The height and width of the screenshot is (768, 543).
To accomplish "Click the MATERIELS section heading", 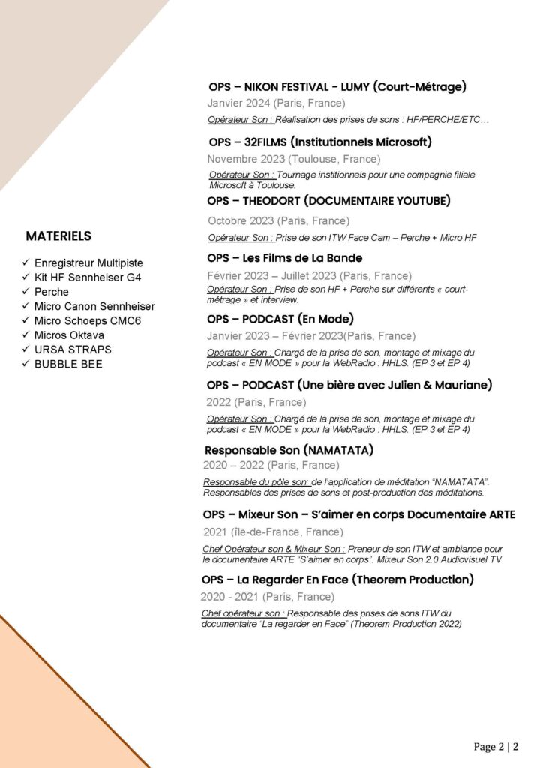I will pyautogui.click(x=58, y=236).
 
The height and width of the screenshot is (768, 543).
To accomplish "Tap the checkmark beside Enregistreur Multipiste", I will pyautogui.click(x=27, y=263).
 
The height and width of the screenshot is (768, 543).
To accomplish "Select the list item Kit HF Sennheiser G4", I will pyautogui.click(x=88, y=277).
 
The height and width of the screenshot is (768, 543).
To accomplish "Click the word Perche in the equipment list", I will pyautogui.click(x=51, y=292).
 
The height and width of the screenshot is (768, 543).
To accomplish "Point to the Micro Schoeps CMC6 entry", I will pyautogui.click(x=88, y=320).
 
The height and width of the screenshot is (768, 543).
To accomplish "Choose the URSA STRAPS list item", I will pyautogui.click(x=73, y=349).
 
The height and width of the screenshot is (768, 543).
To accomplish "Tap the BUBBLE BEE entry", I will pyautogui.click(x=68, y=364).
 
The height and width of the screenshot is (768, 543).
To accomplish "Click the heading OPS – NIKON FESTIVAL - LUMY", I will pyautogui.click(x=337, y=87).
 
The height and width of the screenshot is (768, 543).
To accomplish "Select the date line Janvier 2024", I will pyautogui.click(x=276, y=103).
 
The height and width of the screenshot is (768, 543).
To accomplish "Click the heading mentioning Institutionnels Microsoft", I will pyautogui.click(x=320, y=142).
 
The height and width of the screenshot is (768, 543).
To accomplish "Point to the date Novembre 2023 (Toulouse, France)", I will pyautogui.click(x=293, y=159).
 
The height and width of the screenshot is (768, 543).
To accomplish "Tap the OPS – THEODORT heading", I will pyautogui.click(x=328, y=201).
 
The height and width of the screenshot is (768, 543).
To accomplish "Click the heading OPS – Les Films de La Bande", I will pyautogui.click(x=284, y=258).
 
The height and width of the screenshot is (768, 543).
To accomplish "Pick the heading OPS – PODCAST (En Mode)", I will pyautogui.click(x=280, y=319).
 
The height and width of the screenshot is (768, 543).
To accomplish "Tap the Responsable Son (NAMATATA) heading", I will pyautogui.click(x=289, y=451).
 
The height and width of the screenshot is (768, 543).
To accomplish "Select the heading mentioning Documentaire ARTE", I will pyautogui.click(x=358, y=514).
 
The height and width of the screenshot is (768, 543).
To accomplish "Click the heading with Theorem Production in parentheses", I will pyautogui.click(x=337, y=580).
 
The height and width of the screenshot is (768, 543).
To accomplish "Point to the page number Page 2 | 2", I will pyautogui.click(x=496, y=747).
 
